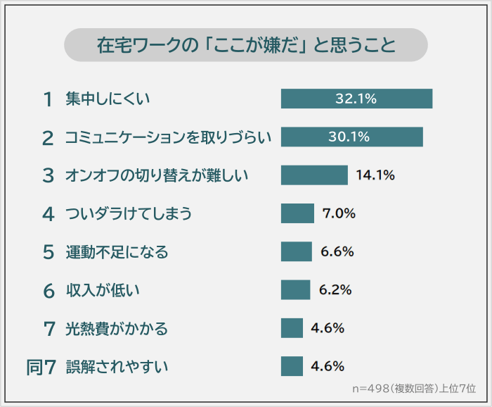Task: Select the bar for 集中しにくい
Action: (356, 99)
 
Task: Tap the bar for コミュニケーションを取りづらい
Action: (351, 137)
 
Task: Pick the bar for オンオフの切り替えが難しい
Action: (314, 175)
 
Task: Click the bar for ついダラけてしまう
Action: (297, 213)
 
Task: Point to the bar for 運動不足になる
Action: (296, 251)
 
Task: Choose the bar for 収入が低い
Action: (295, 289)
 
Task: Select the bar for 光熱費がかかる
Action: (292, 328)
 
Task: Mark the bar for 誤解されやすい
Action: (292, 366)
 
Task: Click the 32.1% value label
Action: (356, 99)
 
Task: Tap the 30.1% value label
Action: (349, 137)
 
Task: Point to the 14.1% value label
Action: (375, 175)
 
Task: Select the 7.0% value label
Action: (337, 213)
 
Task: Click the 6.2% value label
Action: (335, 289)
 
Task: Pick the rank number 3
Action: (48, 175)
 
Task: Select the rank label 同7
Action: (41, 366)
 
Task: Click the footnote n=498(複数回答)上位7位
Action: (414, 388)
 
